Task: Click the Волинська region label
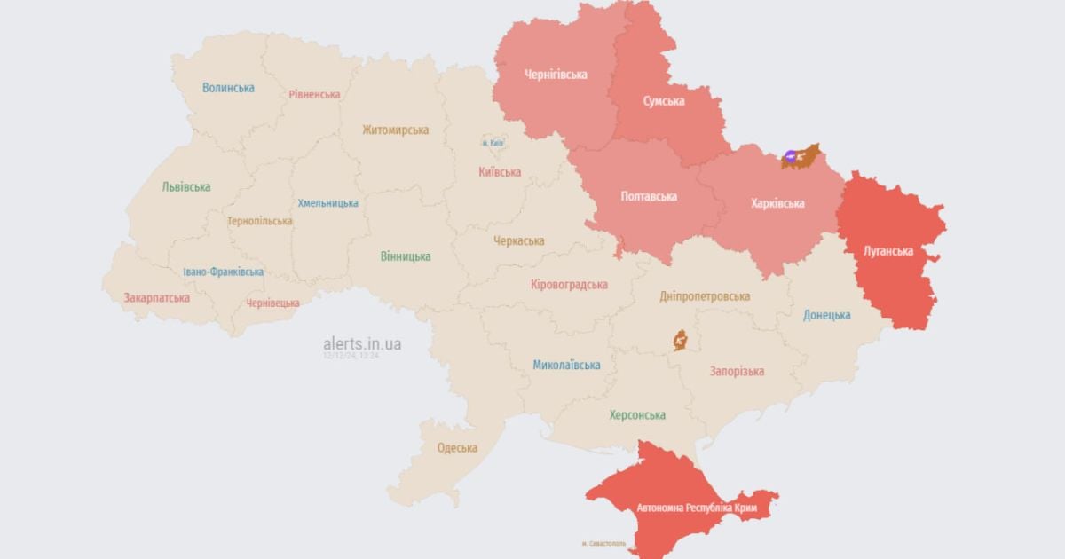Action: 228,87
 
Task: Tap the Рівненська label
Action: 314,94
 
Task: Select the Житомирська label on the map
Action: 395,130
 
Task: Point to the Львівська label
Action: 186,187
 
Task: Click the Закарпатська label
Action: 156,298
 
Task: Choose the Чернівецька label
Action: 272,303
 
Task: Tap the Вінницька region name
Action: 406,256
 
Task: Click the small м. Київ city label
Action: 493,143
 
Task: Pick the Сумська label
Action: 664,101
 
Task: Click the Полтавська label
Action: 648,196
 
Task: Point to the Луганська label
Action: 888,251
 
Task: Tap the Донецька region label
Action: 826,315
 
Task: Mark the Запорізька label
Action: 737,371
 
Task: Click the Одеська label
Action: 457,448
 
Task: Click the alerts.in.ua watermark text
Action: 362,343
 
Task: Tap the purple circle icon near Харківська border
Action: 791,156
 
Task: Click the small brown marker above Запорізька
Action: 681,340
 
